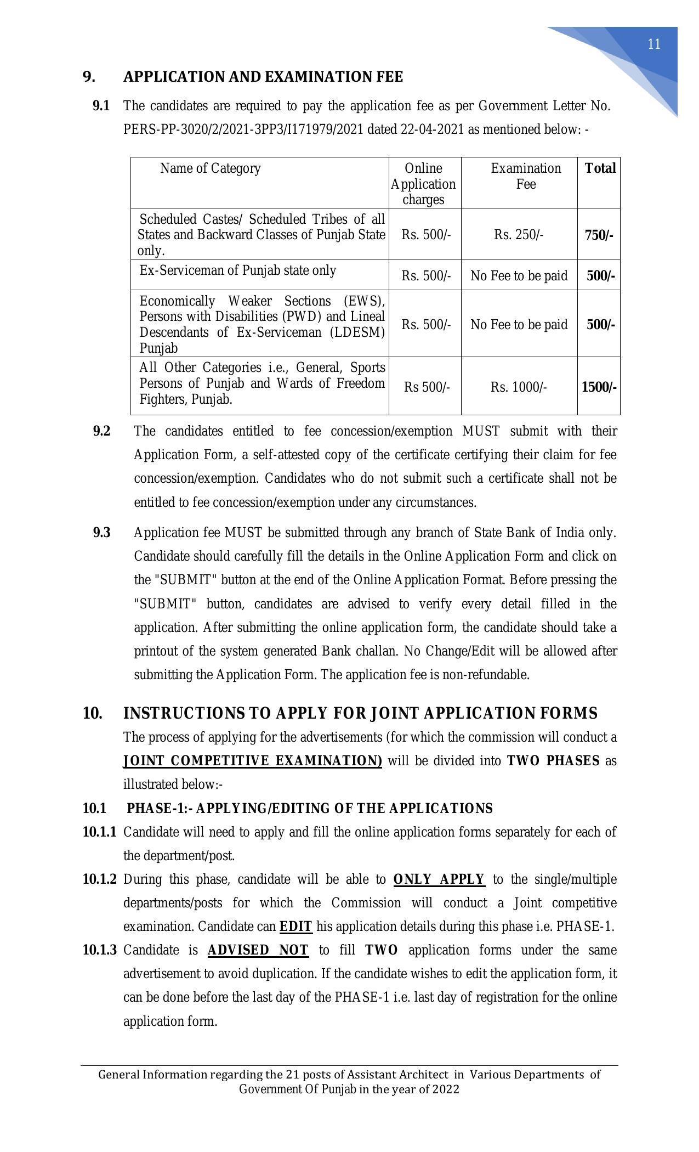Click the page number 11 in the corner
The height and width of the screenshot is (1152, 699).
pyautogui.click(x=653, y=44)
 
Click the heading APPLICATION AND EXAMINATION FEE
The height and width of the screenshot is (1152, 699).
pyautogui.click(x=263, y=77)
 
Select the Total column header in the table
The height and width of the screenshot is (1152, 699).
pyautogui.click(x=600, y=168)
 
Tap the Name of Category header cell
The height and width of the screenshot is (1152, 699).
pyautogui.click(x=210, y=168)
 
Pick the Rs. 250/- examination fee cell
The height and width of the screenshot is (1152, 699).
pyautogui.click(x=518, y=235)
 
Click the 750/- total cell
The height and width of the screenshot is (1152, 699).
pyautogui.click(x=599, y=235)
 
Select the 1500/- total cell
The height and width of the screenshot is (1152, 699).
pyautogui.click(x=599, y=387)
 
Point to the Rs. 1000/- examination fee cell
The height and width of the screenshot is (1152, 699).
pyautogui.click(x=518, y=387)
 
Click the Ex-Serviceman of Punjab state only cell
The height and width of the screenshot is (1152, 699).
pyautogui.click(x=237, y=270)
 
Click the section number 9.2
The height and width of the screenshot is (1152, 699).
pyautogui.click(x=101, y=431)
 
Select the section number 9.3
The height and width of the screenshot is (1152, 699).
pyautogui.click(x=101, y=533)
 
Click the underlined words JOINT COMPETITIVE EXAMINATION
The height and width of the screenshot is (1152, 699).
pyautogui.click(x=253, y=761)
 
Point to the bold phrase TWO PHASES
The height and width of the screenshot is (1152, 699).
pyautogui.click(x=553, y=761)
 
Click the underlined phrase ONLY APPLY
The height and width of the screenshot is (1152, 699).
pyautogui.click(x=439, y=879)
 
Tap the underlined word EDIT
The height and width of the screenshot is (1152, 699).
pyautogui.click(x=295, y=927)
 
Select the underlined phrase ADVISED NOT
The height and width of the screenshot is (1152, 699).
pyautogui.click(x=258, y=950)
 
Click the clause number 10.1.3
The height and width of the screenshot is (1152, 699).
pyautogui.click(x=99, y=950)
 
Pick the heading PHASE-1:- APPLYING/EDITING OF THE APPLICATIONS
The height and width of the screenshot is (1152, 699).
pyautogui.click(x=310, y=809)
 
